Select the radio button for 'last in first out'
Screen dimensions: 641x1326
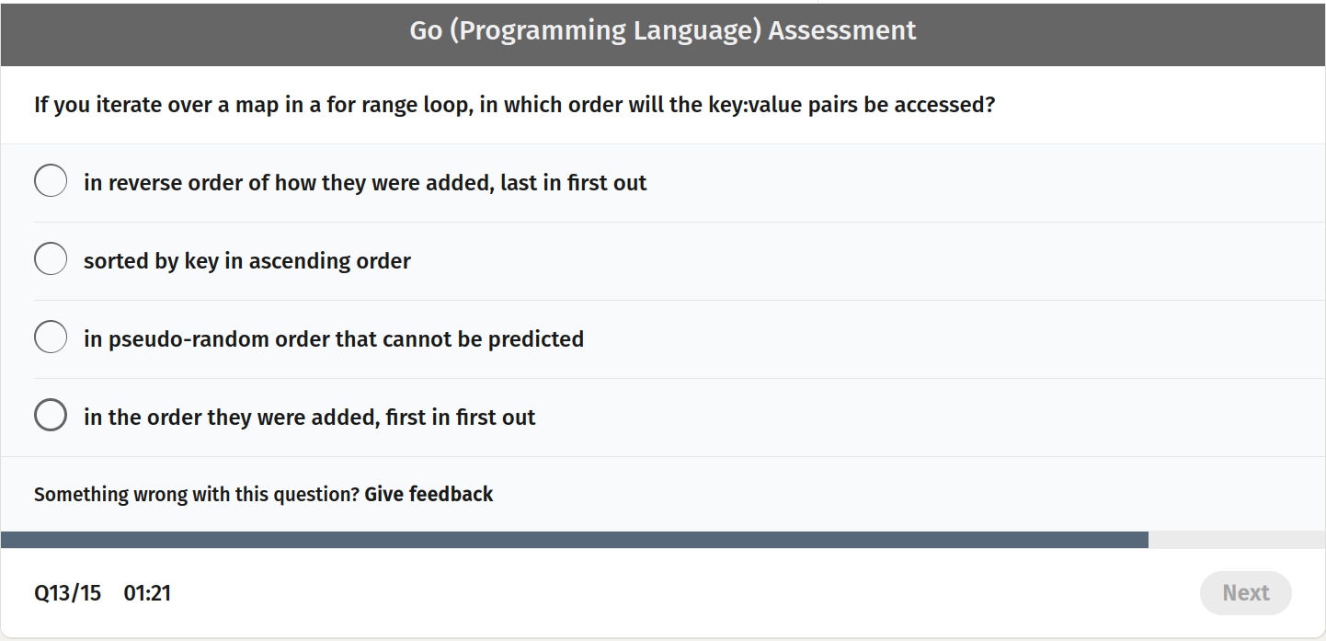(51, 181)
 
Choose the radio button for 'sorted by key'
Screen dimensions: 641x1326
(51, 259)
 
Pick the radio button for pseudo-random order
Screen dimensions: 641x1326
(51, 338)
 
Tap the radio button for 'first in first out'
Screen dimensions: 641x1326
(51, 416)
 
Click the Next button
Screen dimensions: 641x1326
(1245, 593)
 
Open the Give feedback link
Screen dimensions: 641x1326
(429, 495)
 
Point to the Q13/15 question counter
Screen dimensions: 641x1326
(67, 593)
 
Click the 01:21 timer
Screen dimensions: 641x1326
(147, 593)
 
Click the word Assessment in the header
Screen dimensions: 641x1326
(842, 30)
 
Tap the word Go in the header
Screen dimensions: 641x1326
(426, 30)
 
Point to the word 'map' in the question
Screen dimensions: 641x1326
(257, 105)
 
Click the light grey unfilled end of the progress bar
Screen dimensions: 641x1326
(1236, 540)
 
